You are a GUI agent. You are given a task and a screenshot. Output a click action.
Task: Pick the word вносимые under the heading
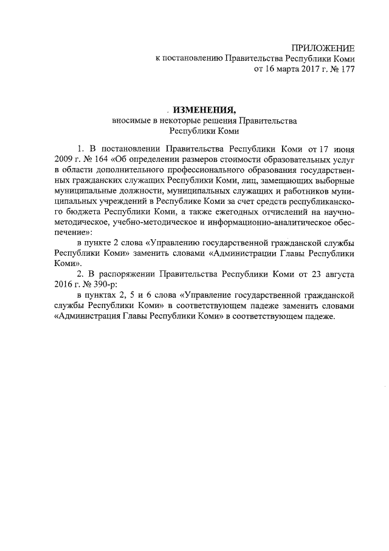(129, 121)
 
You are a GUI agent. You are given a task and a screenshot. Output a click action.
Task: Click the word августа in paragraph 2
(337, 274)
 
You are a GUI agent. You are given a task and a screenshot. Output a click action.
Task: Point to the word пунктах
(98, 296)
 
